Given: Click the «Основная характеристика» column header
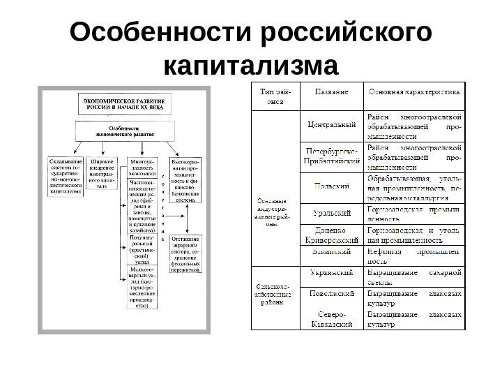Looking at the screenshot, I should pyautogui.click(x=413, y=91).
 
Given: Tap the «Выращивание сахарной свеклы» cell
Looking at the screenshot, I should pyautogui.click(x=413, y=277).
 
